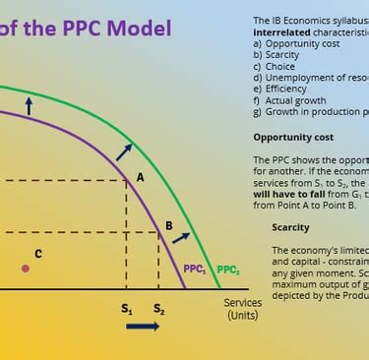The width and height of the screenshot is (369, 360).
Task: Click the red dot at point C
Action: tap(26, 268)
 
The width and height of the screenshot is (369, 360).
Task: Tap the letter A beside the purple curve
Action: tap(140, 177)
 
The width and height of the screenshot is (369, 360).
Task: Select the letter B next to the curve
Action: tap(168, 225)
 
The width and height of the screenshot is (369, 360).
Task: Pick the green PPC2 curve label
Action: tap(227, 269)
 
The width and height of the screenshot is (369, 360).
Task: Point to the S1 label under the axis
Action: tap(127, 309)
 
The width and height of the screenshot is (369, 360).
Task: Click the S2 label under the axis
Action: tap(158, 309)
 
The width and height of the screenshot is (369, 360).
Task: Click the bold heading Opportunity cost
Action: tap(293, 137)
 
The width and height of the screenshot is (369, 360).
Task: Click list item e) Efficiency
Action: tap(281, 88)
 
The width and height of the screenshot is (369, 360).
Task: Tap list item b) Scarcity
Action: tap(278, 54)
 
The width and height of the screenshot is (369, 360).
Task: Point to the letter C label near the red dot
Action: tap(38, 254)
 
